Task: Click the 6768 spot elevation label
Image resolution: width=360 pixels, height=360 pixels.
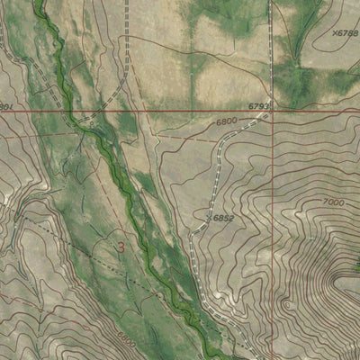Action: pyautogui.click(x=347, y=32)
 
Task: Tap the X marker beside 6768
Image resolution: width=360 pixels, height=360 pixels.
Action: pyautogui.click(x=333, y=32)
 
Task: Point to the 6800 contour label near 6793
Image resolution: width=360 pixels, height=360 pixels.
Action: pyautogui.click(x=228, y=120)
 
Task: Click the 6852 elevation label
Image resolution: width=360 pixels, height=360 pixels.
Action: pyautogui.click(x=223, y=217)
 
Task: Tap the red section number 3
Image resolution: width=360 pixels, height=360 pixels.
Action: pyautogui.click(x=121, y=245)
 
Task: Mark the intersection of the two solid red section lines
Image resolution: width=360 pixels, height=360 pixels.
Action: pyautogui.click(x=270, y=112)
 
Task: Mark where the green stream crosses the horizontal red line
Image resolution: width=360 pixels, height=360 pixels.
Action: pyautogui.click(x=68, y=112)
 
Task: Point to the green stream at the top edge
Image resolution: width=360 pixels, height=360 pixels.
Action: pyautogui.click(x=40, y=4)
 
